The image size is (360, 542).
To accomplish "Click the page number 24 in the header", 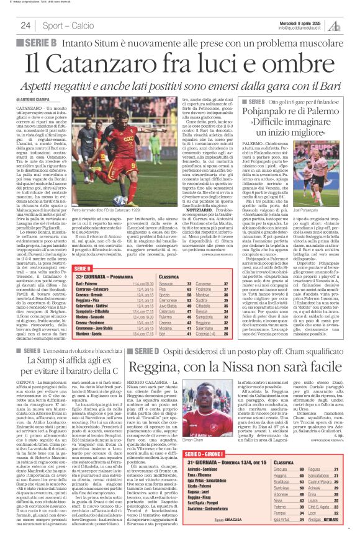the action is [25, 25].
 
